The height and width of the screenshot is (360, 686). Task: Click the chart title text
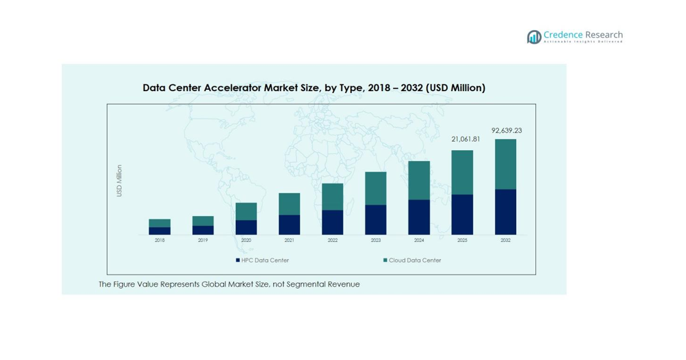coord(314,88)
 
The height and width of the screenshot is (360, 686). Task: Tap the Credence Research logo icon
coord(533,37)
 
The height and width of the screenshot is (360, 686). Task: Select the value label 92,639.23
coord(506,130)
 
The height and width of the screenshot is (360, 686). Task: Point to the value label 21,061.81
coord(466,140)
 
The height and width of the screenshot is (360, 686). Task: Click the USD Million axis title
coord(119,181)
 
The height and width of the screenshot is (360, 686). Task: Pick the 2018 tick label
coord(159,241)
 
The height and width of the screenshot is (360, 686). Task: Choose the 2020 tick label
coord(246,241)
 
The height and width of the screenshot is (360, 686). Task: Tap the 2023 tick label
coord(375,241)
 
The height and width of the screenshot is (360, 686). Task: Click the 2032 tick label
coord(506,241)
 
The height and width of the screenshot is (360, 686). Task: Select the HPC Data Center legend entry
coord(262,260)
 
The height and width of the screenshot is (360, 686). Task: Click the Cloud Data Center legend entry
coord(412,260)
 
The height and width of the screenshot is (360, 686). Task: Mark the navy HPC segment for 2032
coord(506,212)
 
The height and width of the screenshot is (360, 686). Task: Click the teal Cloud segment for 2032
coord(506,164)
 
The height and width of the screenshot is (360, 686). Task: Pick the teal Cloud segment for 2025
coord(462,172)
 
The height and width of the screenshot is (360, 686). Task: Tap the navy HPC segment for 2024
coord(419,217)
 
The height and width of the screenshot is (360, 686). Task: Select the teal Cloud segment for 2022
coord(332,197)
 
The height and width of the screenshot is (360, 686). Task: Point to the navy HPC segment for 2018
coord(159,231)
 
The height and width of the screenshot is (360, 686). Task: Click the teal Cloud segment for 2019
coord(203,221)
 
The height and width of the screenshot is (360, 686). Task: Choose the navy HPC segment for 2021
coord(289,225)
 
